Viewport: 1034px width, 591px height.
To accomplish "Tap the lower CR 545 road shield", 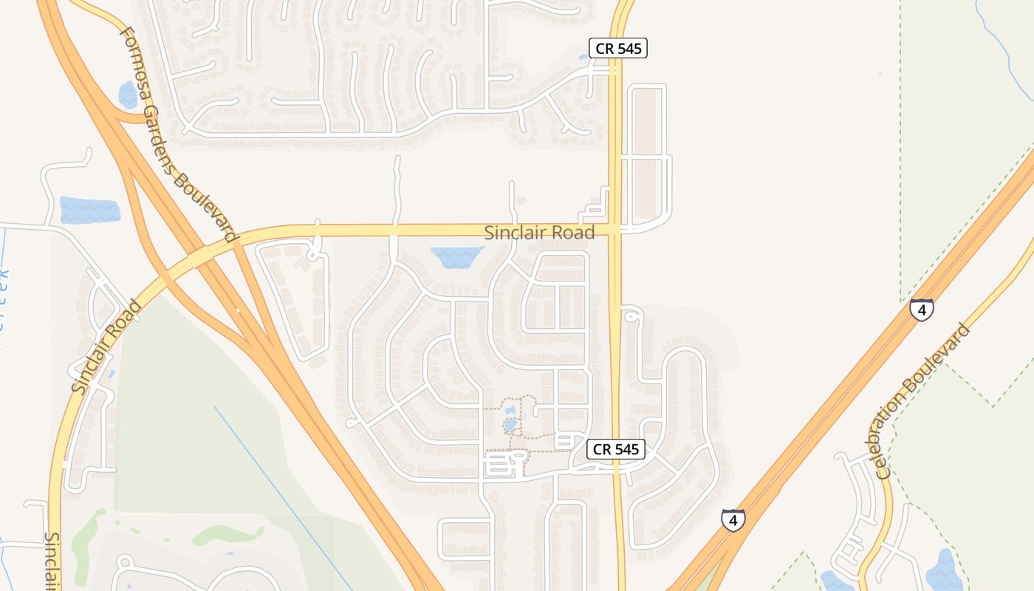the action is [616, 449].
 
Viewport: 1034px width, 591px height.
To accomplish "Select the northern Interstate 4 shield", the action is [921, 309].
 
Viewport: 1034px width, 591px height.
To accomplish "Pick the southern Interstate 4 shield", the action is [733, 520].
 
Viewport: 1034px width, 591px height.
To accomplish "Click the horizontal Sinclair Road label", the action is [539, 233].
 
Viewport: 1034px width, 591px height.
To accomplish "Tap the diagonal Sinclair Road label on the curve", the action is [106, 346].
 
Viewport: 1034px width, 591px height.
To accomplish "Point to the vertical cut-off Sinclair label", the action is [52, 561].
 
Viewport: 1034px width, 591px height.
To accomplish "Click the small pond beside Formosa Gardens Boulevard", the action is [128, 95].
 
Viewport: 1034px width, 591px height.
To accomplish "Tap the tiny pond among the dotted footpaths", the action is [510, 425].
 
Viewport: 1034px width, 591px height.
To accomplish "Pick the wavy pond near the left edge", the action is [89, 211].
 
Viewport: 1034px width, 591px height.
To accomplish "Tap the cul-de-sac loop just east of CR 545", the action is [631, 315].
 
